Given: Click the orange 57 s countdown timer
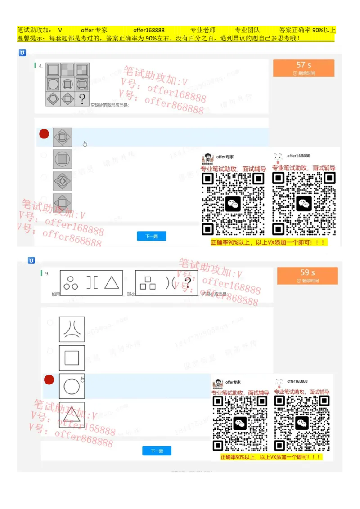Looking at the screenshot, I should tap(304, 67).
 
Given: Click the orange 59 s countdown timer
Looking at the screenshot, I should tap(307, 275).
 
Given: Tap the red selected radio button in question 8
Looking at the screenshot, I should tap(44, 134).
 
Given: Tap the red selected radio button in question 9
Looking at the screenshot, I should tap(49, 380).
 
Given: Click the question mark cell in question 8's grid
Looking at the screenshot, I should tap(82, 99).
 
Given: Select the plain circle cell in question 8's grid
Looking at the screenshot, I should tap(53, 84).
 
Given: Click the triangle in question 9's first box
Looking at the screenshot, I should tap(111, 282).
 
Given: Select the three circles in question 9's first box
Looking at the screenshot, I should tap(71, 282).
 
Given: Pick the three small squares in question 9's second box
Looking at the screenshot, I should tap(147, 282).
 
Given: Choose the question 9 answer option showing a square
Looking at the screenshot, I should tap(72, 358).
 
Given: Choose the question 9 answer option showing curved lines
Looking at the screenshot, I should tap(72, 330).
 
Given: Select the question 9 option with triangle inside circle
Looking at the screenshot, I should tap(72, 414).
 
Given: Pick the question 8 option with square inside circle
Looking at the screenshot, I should tap(62, 159).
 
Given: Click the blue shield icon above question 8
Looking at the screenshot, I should tap(22, 53).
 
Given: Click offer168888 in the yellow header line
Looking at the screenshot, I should tap(148, 30).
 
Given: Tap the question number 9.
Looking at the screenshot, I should tap(47, 273).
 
